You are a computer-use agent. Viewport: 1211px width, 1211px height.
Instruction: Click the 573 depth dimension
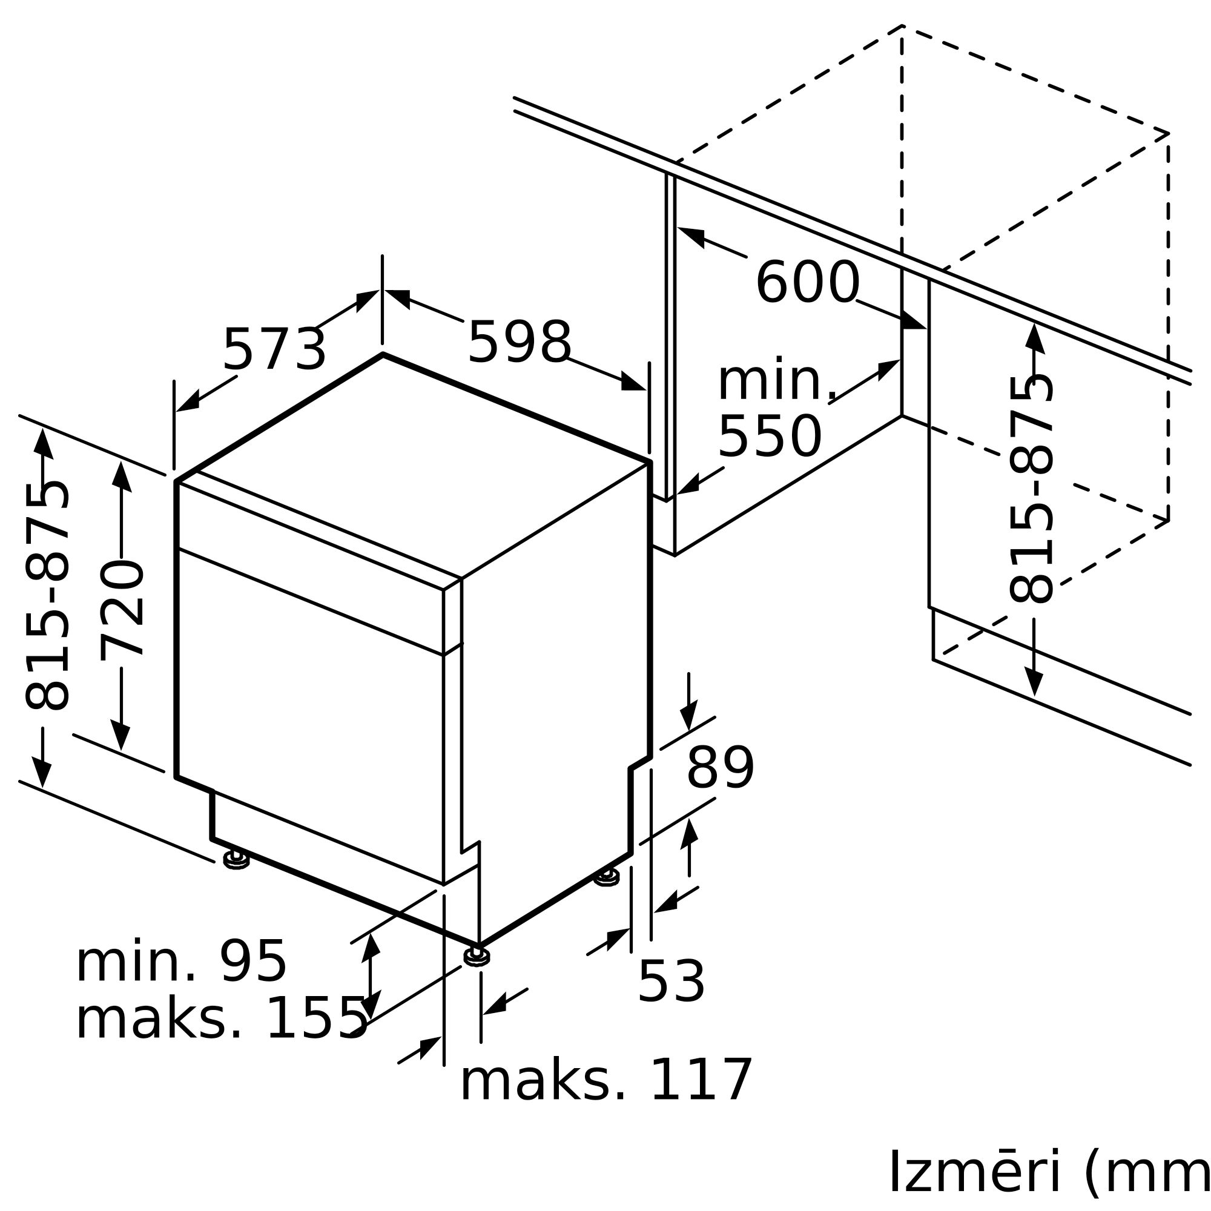274,350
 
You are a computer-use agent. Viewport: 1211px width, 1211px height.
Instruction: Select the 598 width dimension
520,342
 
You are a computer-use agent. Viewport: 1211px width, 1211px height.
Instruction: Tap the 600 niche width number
807,283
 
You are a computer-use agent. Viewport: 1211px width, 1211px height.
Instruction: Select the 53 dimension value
671,982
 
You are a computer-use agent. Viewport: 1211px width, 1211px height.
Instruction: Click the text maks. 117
605,1081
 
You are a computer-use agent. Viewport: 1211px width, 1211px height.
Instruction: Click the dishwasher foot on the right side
606,877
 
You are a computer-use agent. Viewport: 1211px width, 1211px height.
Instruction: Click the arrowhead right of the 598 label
633,381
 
